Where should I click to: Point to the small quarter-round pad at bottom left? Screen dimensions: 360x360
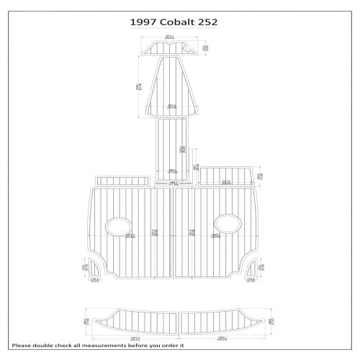[x=96, y=269]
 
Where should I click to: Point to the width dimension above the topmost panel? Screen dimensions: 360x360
[x=170, y=36]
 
